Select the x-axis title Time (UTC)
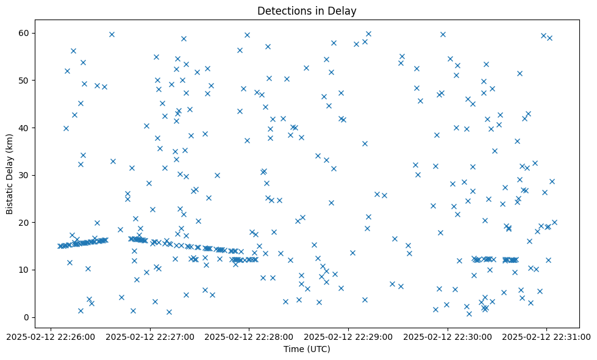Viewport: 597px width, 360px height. [x=307, y=349]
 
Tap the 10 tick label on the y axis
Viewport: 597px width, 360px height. [x=25, y=270]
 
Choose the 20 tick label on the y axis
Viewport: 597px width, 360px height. [x=25, y=223]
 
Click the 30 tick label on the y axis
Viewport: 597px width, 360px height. [x=25, y=175]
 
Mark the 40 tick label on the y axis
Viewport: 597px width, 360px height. [x=25, y=128]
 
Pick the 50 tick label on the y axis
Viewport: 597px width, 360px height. [x=25, y=81]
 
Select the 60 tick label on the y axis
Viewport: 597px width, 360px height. [x=25, y=33]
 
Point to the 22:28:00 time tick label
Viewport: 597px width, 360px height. [x=249, y=336]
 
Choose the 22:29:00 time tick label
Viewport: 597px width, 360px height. [x=348, y=336]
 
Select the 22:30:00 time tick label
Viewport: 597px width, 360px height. [x=448, y=336]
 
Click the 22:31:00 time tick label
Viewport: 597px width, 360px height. [x=546, y=336]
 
